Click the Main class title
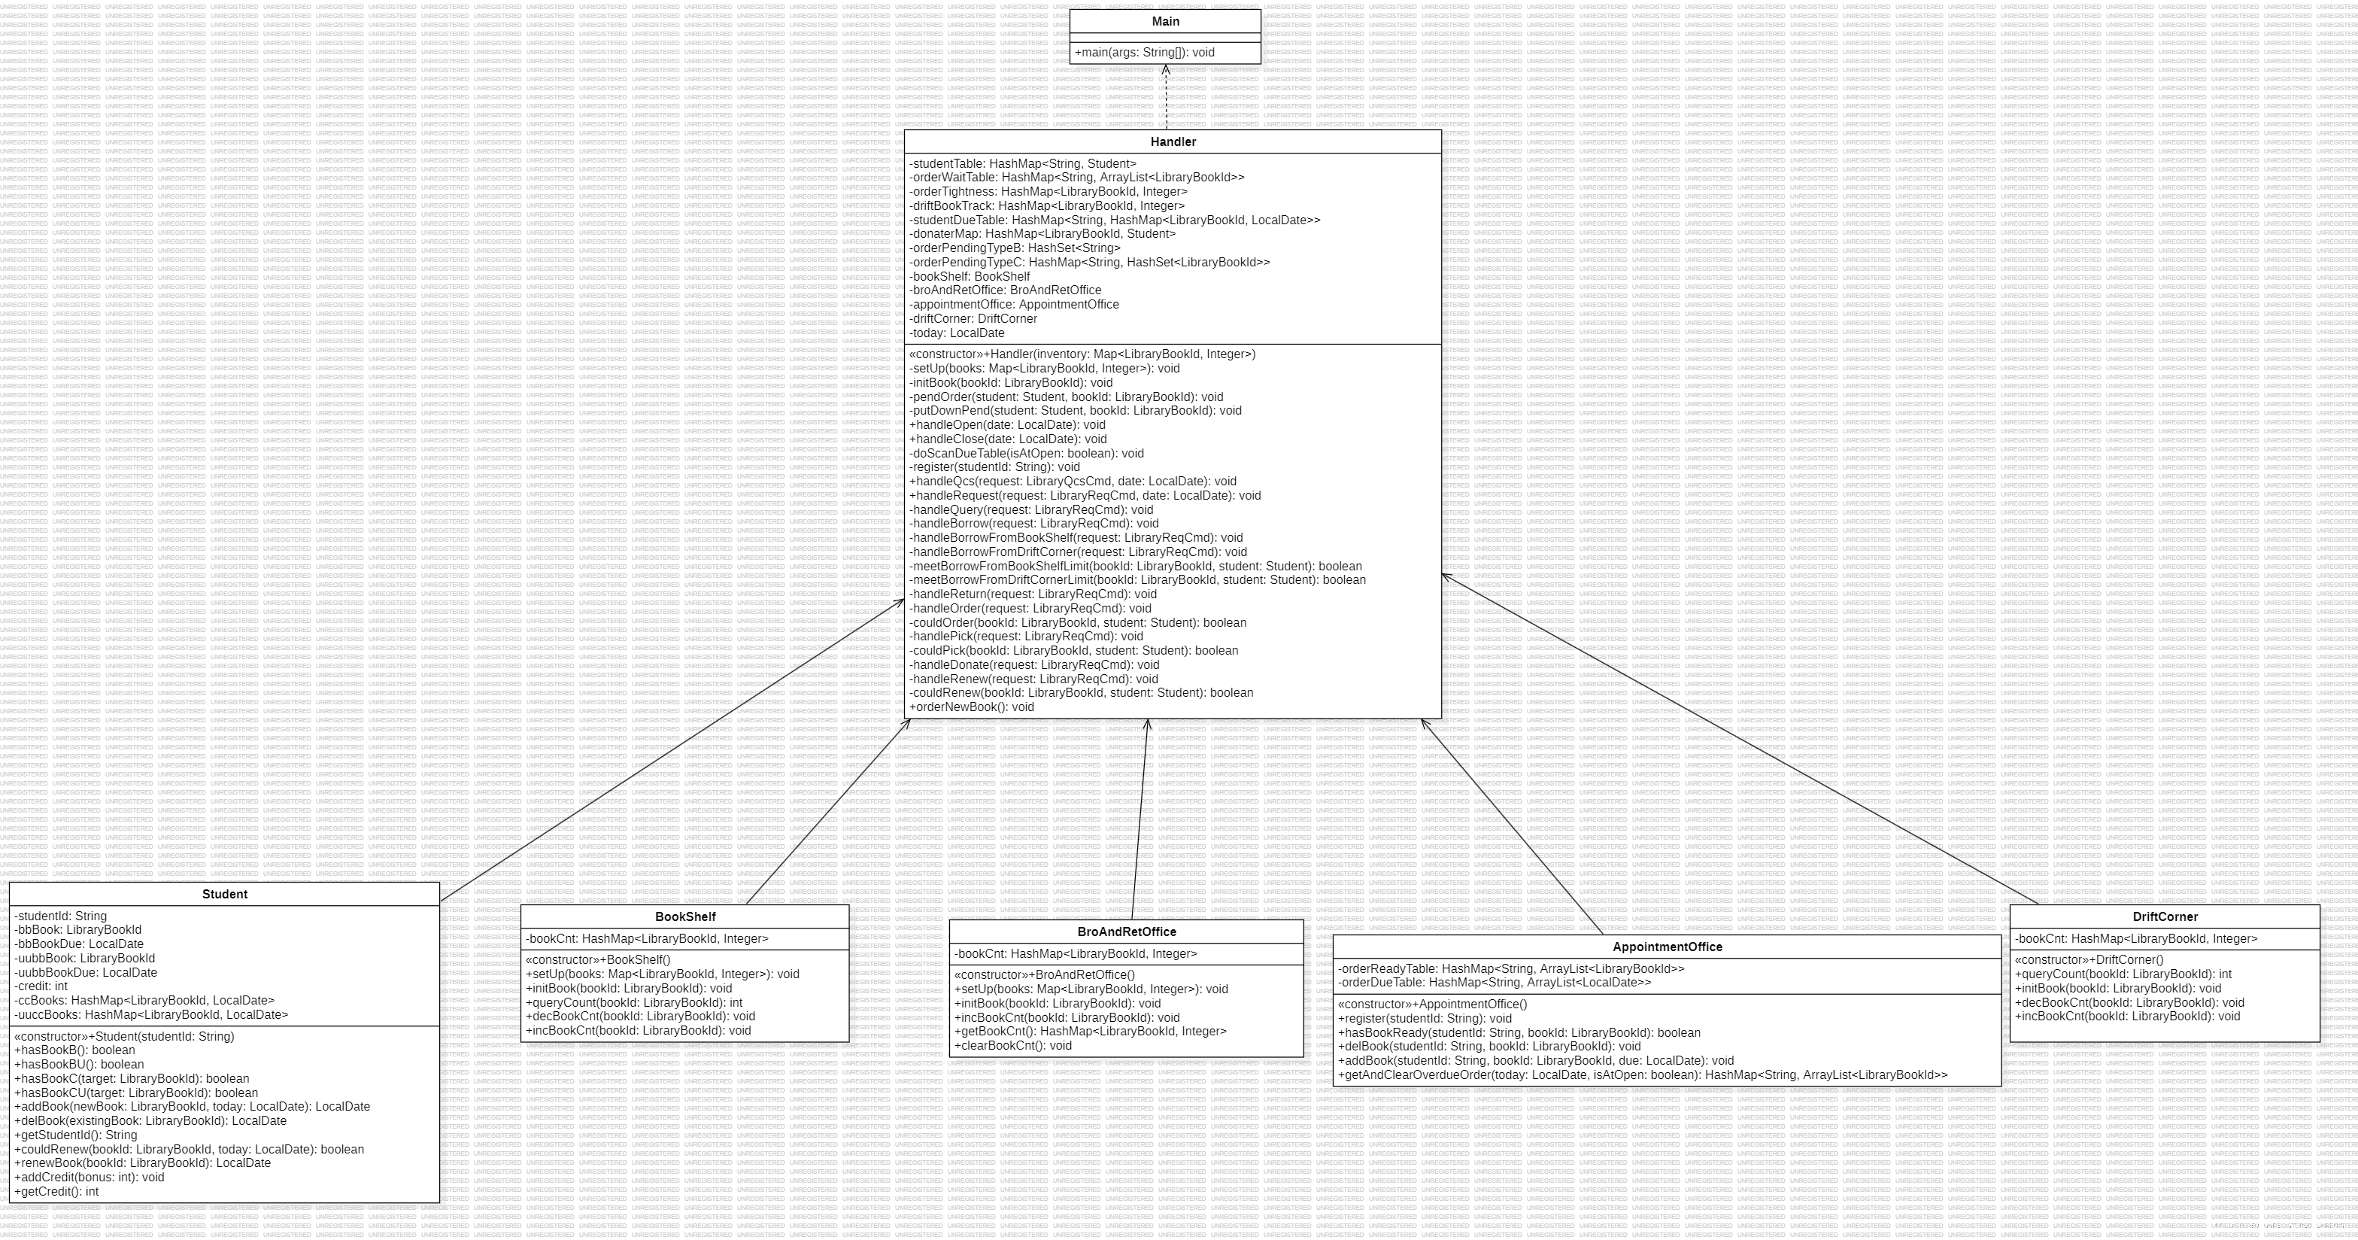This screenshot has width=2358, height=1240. (1165, 21)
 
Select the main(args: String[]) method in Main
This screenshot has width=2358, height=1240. (1144, 52)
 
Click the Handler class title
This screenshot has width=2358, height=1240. (1173, 142)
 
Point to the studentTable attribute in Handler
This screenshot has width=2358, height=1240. (1022, 164)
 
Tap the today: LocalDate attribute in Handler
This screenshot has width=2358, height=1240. (957, 333)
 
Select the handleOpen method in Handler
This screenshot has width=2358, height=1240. (1007, 425)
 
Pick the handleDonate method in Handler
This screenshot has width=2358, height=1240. (1034, 665)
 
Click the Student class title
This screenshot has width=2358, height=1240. (224, 895)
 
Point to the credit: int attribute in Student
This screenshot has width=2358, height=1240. (41, 986)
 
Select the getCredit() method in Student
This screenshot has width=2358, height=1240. (56, 1191)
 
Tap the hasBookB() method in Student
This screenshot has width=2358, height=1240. (75, 1050)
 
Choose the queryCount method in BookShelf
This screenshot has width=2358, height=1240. (633, 1003)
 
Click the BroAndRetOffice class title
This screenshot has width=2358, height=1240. (1127, 932)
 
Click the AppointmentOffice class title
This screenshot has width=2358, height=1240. (1667, 947)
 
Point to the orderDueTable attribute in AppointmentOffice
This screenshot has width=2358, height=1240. (1494, 983)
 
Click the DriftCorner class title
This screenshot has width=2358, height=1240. (2165, 916)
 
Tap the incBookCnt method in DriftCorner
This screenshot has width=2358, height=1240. (2127, 1017)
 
